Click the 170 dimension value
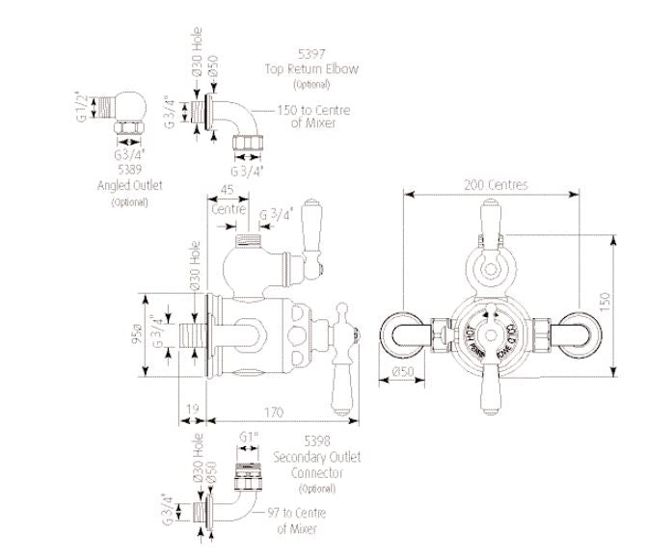pyautogui.click(x=277, y=413)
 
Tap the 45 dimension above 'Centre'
pyautogui.click(x=229, y=190)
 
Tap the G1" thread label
pyautogui.click(x=248, y=437)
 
